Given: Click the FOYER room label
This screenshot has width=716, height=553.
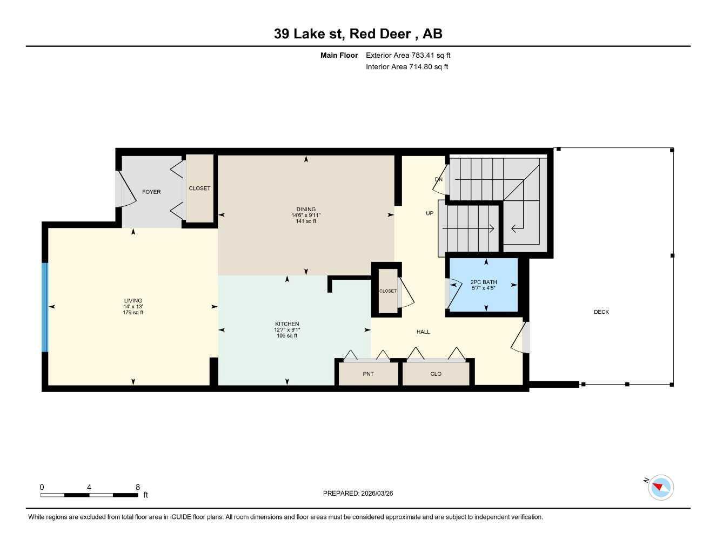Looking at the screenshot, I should pyautogui.click(x=151, y=192).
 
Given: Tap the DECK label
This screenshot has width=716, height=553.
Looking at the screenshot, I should pyautogui.click(x=601, y=312).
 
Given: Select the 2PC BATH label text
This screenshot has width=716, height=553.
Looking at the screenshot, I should pyautogui.click(x=484, y=282).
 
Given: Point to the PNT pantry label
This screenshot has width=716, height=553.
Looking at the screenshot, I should pyautogui.click(x=368, y=374).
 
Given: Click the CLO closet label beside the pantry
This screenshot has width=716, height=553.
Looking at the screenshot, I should pyautogui.click(x=436, y=374).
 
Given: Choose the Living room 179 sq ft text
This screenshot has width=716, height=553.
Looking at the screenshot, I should pyautogui.click(x=133, y=312).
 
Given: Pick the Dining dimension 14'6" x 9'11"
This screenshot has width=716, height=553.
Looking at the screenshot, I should pyautogui.click(x=306, y=215).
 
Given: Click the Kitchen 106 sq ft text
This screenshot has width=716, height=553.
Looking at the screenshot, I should pyautogui.click(x=286, y=335).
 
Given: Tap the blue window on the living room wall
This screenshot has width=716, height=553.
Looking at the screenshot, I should pyautogui.click(x=45, y=307).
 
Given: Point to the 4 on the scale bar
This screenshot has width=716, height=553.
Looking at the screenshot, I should pyautogui.click(x=89, y=487).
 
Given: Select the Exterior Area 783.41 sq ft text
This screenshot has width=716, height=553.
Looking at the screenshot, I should pyautogui.click(x=408, y=55).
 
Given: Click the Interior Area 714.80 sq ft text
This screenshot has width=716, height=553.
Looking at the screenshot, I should pyautogui.click(x=407, y=67).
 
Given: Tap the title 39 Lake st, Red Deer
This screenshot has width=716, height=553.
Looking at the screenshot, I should pyautogui.click(x=358, y=33).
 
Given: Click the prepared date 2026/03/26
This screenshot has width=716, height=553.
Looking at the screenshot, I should pyautogui.click(x=358, y=493).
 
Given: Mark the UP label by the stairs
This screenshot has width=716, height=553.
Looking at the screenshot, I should pyautogui.click(x=430, y=213).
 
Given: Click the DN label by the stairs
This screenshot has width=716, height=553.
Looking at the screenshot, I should pyautogui.click(x=438, y=179).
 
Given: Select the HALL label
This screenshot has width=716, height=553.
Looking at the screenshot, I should pyautogui.click(x=423, y=332).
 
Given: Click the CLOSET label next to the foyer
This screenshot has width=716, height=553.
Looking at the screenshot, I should pyautogui.click(x=199, y=188).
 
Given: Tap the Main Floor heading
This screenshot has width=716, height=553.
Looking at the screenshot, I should pyautogui.click(x=339, y=55).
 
